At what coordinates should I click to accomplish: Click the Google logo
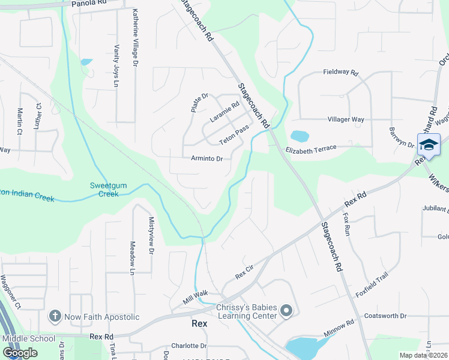[x=20, y=353]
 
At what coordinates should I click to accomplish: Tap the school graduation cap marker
[x=429, y=145]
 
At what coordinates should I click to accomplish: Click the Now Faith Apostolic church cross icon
[x=55, y=316]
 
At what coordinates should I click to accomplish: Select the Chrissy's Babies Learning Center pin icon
[x=286, y=311]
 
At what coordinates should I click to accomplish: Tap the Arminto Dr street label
[x=206, y=159]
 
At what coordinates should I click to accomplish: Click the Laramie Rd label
[x=224, y=111]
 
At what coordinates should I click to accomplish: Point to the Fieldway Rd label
[x=340, y=72]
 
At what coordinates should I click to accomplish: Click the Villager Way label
[x=346, y=119]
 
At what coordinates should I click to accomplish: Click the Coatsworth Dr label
[x=385, y=316]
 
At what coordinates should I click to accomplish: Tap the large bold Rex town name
[x=199, y=323]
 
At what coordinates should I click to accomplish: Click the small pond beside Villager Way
[x=299, y=136]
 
